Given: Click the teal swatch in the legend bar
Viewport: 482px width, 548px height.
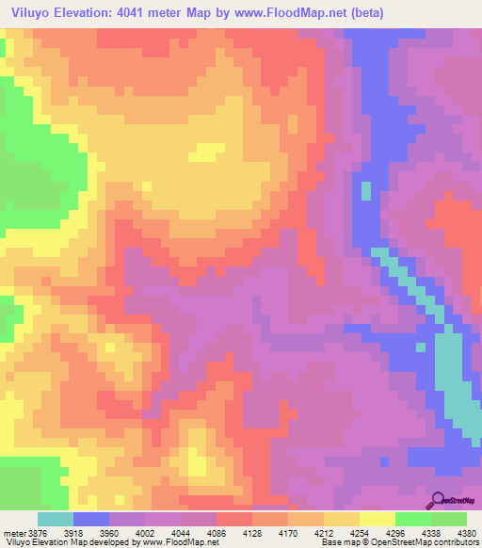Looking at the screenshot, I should [56, 520].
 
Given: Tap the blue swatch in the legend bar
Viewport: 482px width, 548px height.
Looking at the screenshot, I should [91, 520].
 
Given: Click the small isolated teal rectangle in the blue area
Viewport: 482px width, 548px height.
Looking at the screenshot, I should [365, 190].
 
